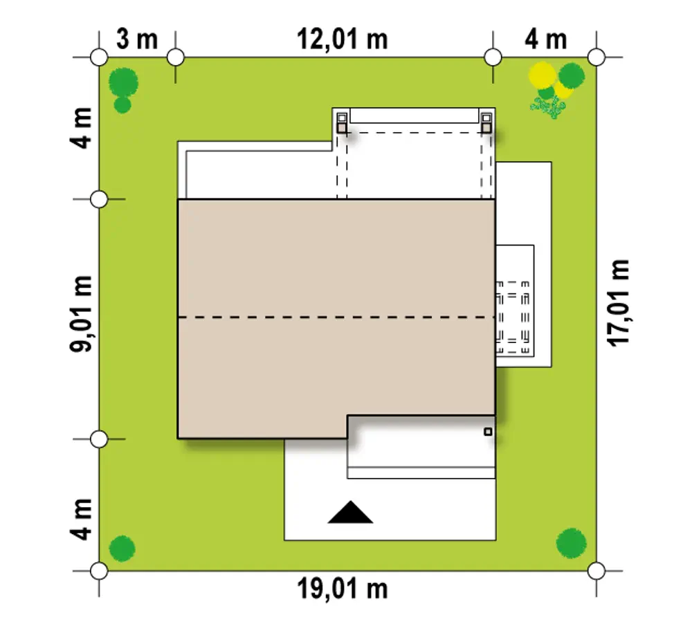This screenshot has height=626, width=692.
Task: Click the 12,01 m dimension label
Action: pyautogui.click(x=343, y=39)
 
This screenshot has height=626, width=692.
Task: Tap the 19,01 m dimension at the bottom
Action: pyautogui.click(x=343, y=589)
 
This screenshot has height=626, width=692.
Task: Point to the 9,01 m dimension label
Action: pyautogui.click(x=81, y=313)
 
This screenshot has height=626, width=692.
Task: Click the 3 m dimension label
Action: pyautogui.click(x=137, y=39)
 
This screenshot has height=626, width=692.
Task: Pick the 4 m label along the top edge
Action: pyautogui.click(x=545, y=39)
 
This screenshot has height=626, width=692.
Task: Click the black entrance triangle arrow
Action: pyautogui.click(x=350, y=512)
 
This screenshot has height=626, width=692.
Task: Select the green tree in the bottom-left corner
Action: pyautogui.click(x=122, y=549)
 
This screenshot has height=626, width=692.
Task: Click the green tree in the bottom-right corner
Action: pyautogui.click(x=572, y=543)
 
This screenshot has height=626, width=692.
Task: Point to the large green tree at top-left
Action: pyautogui.click(x=123, y=82)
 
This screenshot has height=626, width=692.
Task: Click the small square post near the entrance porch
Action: pyautogui.click(x=488, y=432)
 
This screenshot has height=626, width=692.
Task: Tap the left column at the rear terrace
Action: pyautogui.click(x=342, y=123)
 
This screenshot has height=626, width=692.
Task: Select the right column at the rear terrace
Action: pyautogui.click(x=486, y=123)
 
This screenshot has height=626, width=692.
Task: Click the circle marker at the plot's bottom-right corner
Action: pyautogui.click(x=597, y=571)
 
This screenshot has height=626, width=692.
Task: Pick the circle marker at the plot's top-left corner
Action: pyautogui.click(x=99, y=57)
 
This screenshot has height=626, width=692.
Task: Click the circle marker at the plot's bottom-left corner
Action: pyautogui.click(x=99, y=571)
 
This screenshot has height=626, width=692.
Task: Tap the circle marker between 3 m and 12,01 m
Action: pyautogui.click(x=176, y=57)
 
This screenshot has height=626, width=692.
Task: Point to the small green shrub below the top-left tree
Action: pyautogui.click(x=122, y=105)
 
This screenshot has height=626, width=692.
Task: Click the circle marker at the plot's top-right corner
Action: pyautogui.click(x=597, y=57)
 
